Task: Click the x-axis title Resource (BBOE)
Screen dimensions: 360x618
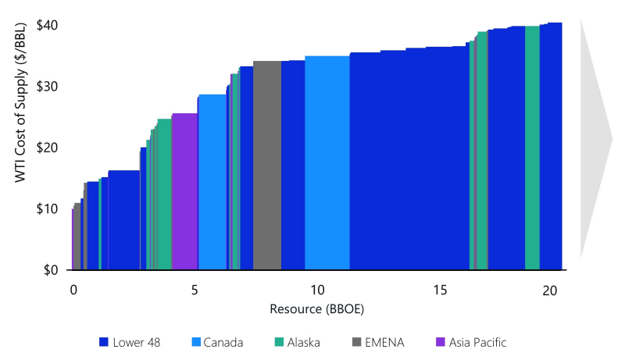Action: click(x=316, y=308)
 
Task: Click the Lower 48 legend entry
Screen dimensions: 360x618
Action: click(x=131, y=342)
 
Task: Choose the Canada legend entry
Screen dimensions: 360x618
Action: click(x=216, y=342)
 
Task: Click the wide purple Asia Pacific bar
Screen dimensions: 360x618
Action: click(x=184, y=191)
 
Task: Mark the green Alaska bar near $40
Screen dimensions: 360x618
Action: click(x=532, y=148)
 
